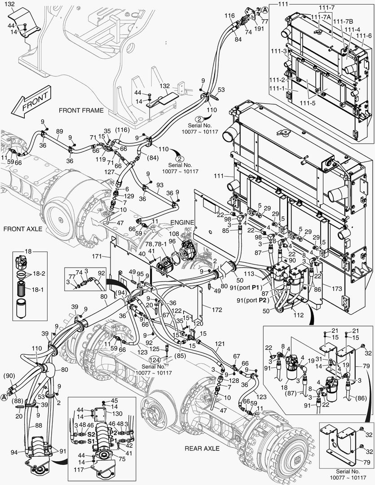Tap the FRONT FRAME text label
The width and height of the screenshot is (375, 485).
pyautogui.click(x=81, y=110)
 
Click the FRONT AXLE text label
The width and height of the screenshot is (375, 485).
pyautogui.click(x=22, y=229)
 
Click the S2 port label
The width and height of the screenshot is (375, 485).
pyautogui.click(x=91, y=435)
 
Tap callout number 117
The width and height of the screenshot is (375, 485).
pyautogui.click(x=79, y=470)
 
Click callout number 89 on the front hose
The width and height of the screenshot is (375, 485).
pyautogui.click(x=59, y=131)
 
